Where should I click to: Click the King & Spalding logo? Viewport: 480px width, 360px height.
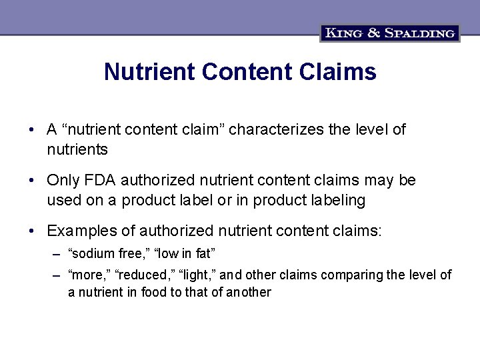point(390,32)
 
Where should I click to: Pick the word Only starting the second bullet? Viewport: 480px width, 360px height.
point(63,181)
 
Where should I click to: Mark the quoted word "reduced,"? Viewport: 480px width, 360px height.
point(142,275)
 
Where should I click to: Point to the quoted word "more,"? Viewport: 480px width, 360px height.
point(89,275)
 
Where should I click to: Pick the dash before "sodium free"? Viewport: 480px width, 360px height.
point(59,254)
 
